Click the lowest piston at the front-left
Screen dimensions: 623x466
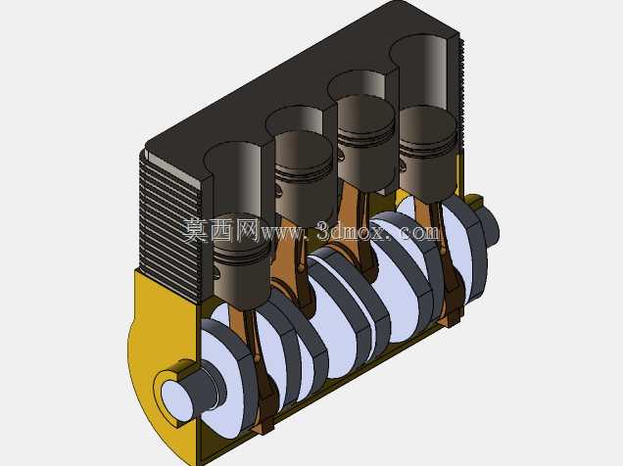click(241, 261)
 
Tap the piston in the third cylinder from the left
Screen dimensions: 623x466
click(365, 142)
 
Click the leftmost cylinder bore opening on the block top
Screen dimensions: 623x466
click(232, 159)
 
